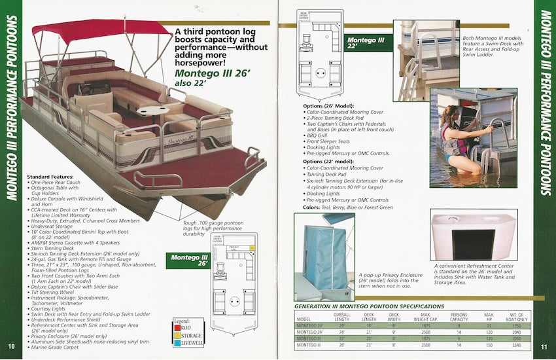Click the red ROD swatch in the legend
[178, 327]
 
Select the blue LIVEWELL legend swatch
[178, 343]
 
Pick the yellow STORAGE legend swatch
[178, 335]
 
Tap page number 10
[11, 346]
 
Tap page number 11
[544, 346]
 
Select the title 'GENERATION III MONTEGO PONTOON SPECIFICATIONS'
[369, 306]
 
